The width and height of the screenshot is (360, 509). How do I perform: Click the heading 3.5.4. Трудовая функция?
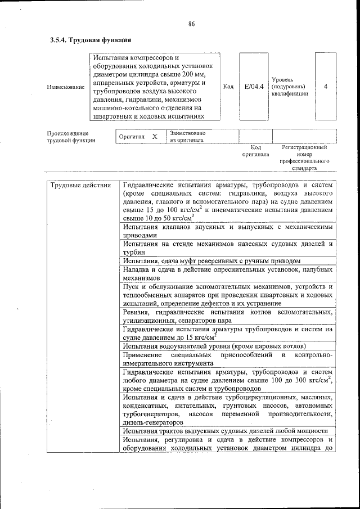pos(91,40)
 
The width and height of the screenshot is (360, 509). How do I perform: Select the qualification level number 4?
pos(326,87)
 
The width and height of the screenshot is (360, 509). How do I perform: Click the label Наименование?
pos(66,87)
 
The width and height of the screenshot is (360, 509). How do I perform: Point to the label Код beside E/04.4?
pos(228,87)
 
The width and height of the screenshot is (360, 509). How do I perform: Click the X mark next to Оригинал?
pos(155,137)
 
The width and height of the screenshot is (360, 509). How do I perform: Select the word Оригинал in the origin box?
pos(132,137)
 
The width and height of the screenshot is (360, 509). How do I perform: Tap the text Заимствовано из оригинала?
pos(187,137)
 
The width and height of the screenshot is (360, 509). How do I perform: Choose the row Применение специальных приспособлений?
pos(227,359)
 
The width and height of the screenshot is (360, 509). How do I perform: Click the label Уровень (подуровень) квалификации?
pos(289,87)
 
